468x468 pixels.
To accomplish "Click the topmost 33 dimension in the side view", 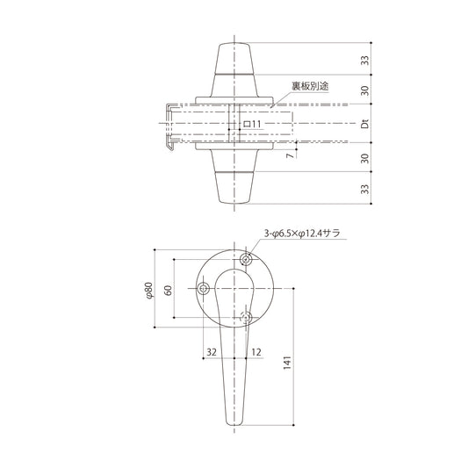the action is tap(364, 60).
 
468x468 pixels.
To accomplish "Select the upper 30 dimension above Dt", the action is tap(364, 90).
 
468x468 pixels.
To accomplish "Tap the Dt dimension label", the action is tap(364, 123).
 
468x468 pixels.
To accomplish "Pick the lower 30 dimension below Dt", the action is tap(364, 158).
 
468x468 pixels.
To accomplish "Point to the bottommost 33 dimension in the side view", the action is tap(364, 189).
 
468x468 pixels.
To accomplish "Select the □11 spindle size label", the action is tap(253, 124).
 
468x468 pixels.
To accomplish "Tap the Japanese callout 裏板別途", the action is tap(310, 86).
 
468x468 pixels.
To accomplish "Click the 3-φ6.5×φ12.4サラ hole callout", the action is tap(302, 234).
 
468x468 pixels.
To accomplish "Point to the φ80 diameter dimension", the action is tap(149, 290).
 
